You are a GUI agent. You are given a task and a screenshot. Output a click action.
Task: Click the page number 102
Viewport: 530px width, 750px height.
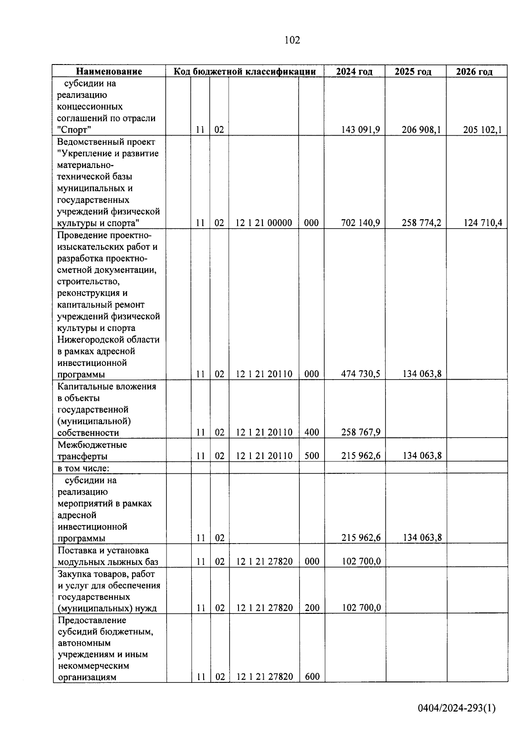[x=292, y=40]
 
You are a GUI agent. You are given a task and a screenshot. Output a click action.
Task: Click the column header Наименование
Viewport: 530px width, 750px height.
[x=109, y=72]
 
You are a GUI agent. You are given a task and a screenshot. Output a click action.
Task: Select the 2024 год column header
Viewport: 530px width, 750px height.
[x=354, y=72]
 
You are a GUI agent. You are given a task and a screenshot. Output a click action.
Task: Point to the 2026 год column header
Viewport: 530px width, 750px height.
[x=474, y=72]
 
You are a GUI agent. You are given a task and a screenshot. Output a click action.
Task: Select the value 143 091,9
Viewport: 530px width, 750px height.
[x=360, y=130]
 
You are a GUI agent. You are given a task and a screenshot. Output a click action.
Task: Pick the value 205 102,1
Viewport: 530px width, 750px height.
[x=482, y=130]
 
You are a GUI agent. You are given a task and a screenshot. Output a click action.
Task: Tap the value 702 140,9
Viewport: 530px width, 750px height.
[x=360, y=223]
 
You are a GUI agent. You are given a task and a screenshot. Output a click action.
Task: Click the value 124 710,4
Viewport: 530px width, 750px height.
[x=482, y=223]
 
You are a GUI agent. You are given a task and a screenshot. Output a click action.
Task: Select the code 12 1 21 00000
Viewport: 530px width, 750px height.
[x=264, y=223]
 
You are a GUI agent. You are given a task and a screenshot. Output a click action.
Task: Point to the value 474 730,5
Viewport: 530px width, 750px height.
[x=360, y=374]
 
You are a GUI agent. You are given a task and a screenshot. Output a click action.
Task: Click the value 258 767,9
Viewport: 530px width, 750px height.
[x=360, y=432]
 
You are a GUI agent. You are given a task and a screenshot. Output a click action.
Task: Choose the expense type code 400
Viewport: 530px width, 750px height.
[x=312, y=432]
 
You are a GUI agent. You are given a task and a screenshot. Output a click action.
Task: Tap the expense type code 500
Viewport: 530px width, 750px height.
[x=312, y=456]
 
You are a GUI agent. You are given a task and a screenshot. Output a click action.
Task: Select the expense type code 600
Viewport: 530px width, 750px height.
[x=312, y=677]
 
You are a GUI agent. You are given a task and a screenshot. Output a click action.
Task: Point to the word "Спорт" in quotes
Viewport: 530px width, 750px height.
[x=74, y=130]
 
